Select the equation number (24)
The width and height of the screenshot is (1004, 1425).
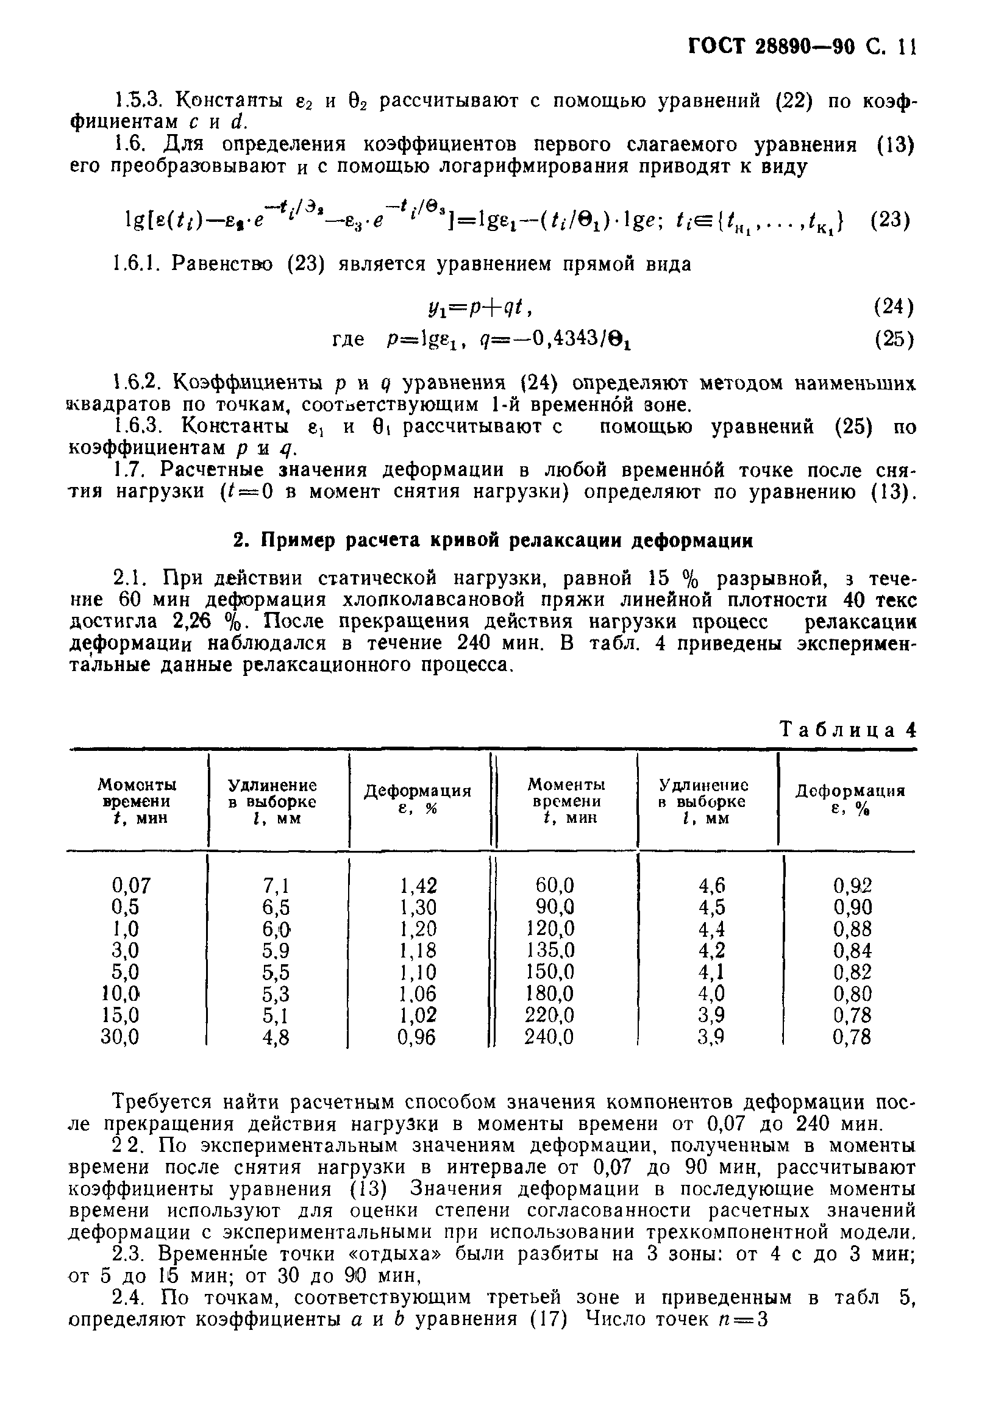(894, 306)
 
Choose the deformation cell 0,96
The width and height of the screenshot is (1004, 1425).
(417, 1037)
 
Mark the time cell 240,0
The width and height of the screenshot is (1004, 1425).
(549, 1037)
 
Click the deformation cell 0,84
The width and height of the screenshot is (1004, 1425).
(852, 950)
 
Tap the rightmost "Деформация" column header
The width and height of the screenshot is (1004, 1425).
(850, 800)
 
